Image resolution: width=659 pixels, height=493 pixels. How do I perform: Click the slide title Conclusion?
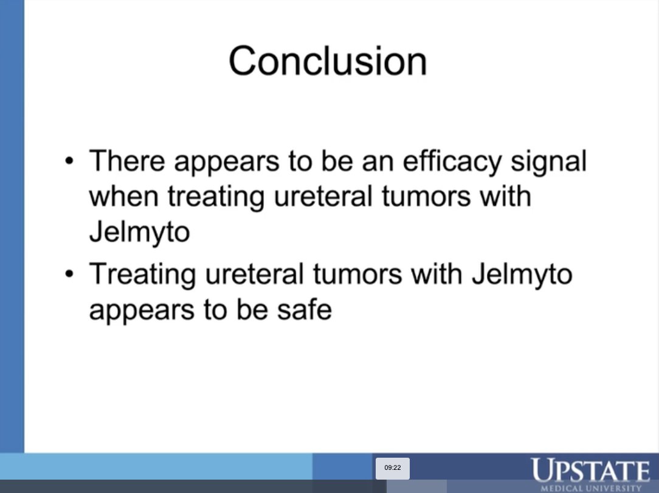pos(328,61)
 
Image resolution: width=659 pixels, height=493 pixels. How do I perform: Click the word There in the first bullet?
pos(127,161)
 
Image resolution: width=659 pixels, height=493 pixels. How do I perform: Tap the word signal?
pos(548,162)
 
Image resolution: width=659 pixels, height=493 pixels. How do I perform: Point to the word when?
pos(124,197)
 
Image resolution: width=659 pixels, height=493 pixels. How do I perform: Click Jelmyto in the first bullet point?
pos(139,233)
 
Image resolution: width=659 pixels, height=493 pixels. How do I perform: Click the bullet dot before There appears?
pos(71,162)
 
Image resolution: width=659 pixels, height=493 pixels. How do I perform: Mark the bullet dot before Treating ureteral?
pos(71,274)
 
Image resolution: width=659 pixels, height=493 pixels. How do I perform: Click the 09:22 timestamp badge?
pos(393,468)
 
